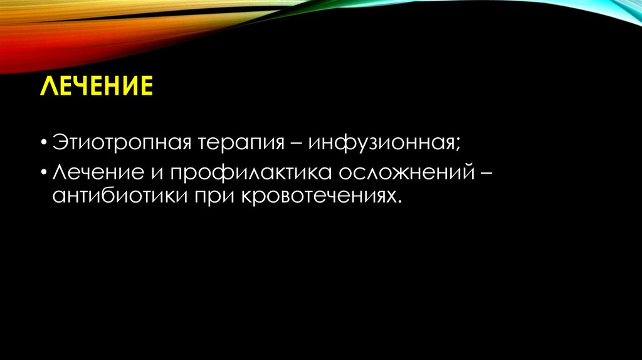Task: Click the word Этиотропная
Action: [x=122, y=142]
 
